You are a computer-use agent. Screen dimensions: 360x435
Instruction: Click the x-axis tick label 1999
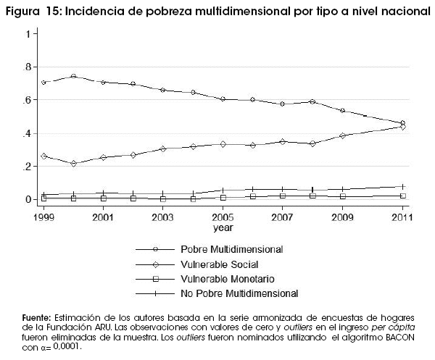pyautogui.click(x=43, y=216)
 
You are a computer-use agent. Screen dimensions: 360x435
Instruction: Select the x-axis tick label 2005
pyautogui.click(x=222, y=216)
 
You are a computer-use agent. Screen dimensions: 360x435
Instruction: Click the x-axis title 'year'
pyautogui.click(x=223, y=227)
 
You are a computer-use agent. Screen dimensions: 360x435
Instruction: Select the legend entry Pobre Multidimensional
pyautogui.click(x=242, y=250)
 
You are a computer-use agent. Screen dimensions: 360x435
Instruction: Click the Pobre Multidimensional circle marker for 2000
pyautogui.click(x=73, y=76)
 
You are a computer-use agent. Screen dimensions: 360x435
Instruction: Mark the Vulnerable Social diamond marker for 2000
pyautogui.click(x=73, y=164)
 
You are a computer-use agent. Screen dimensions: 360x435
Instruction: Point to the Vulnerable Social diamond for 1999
pyautogui.click(x=43, y=156)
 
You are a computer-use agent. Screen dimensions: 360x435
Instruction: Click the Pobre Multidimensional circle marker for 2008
pyautogui.click(x=312, y=101)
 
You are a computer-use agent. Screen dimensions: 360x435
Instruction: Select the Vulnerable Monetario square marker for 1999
pyautogui.click(x=43, y=198)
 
